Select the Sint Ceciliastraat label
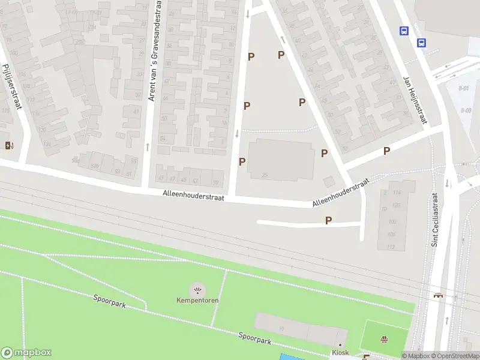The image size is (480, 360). (436, 220)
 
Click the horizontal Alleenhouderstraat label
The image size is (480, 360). (193, 195)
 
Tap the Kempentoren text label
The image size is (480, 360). (197, 300)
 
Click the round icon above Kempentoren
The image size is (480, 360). (197, 290)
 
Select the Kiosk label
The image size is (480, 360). (340, 352)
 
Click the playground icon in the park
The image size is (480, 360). (384, 339)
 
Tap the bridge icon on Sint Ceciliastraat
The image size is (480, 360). (439, 295)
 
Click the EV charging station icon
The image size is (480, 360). (9, 145)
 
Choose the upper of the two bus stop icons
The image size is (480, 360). (404, 31)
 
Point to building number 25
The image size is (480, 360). (264, 174)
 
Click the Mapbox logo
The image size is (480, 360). (26, 353)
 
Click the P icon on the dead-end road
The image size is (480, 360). (328, 221)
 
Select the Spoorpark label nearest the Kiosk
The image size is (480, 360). (255, 339)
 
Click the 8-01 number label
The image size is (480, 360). (463, 88)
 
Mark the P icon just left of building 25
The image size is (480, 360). (242, 161)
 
